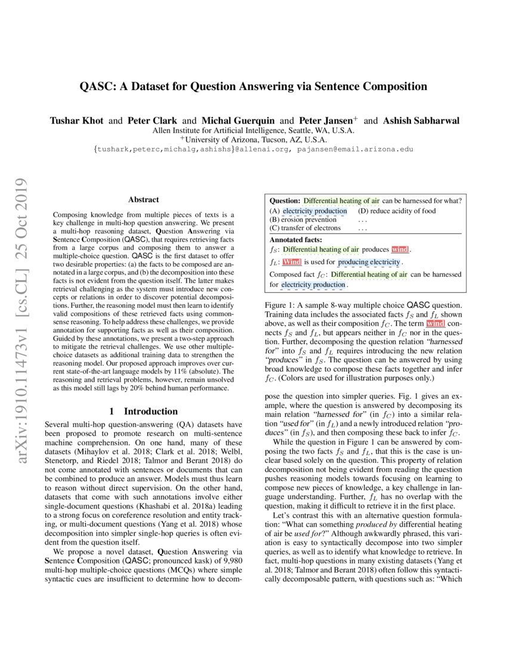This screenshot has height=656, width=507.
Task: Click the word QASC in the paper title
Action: [97, 86]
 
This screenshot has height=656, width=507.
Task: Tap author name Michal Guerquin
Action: [241, 120]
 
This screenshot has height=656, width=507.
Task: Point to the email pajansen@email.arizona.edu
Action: [353, 150]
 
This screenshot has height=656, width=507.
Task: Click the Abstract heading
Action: [143, 200]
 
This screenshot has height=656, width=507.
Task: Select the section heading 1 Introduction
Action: [143, 411]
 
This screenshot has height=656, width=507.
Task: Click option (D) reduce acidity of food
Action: [397, 211]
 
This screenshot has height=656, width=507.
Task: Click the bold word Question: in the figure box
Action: [286, 201]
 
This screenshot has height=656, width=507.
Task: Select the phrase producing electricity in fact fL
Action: [369, 262]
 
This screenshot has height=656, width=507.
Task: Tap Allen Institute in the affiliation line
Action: [178, 130]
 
